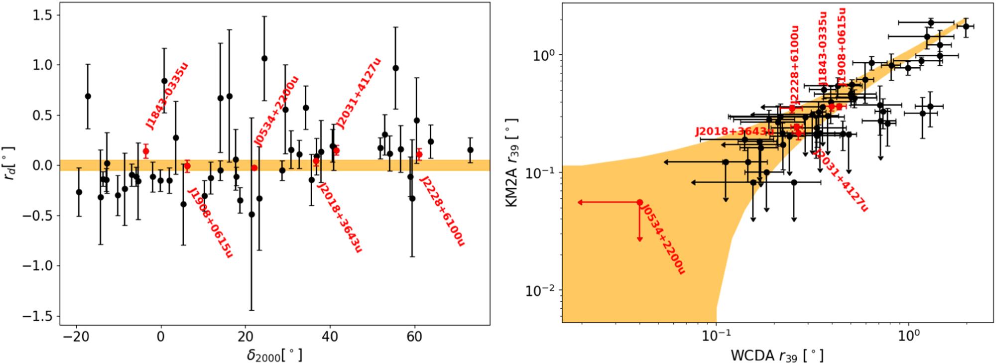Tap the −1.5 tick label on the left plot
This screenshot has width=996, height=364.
tap(37, 316)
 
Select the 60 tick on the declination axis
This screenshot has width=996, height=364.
tap(414, 337)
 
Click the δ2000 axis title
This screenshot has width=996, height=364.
tap(274, 355)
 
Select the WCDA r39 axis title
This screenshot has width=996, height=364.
tap(777, 356)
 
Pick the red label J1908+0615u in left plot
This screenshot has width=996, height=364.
tap(210, 223)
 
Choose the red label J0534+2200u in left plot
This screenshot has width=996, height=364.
tap(276, 111)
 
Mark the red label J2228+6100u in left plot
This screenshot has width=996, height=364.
tap(442, 211)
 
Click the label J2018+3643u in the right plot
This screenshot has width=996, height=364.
tap(734, 132)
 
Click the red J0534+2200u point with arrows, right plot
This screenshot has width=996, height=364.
tap(640, 202)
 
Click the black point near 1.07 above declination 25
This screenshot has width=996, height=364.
tap(264, 58)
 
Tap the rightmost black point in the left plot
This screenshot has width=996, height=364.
tap(470, 150)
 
